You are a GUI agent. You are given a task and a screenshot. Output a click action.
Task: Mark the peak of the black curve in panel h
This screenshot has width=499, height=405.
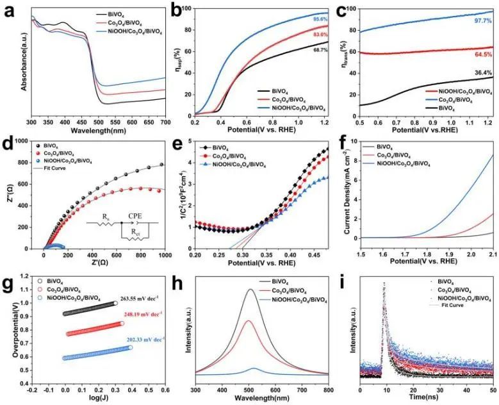[322, 290]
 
